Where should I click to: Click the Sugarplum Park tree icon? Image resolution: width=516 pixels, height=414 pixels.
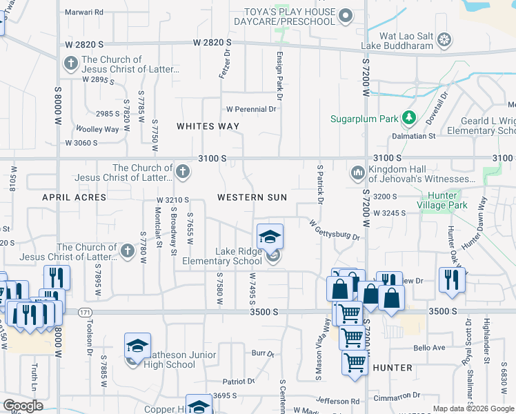pos(409,118)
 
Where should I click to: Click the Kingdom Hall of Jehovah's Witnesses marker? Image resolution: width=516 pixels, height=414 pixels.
pos(357,172)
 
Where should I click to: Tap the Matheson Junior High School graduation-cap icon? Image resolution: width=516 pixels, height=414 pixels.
pos(137,346)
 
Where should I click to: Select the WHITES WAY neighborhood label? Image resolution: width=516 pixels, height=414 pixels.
pos(208,126)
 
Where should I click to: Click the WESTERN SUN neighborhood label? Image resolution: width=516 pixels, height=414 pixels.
pos(252,197)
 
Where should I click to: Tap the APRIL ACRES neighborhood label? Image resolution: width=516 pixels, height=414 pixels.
pos(74,197)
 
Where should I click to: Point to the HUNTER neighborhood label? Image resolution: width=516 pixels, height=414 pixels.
pos(392,368)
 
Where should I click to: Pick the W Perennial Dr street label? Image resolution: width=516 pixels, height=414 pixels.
pos(251,109)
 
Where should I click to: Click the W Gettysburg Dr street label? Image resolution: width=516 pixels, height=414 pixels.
pos(335,230)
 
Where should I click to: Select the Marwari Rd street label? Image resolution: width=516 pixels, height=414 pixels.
pos(83,12)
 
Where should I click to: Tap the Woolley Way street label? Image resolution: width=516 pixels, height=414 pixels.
pos(97,129)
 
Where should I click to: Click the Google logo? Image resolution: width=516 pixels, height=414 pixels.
pos(23,406)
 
